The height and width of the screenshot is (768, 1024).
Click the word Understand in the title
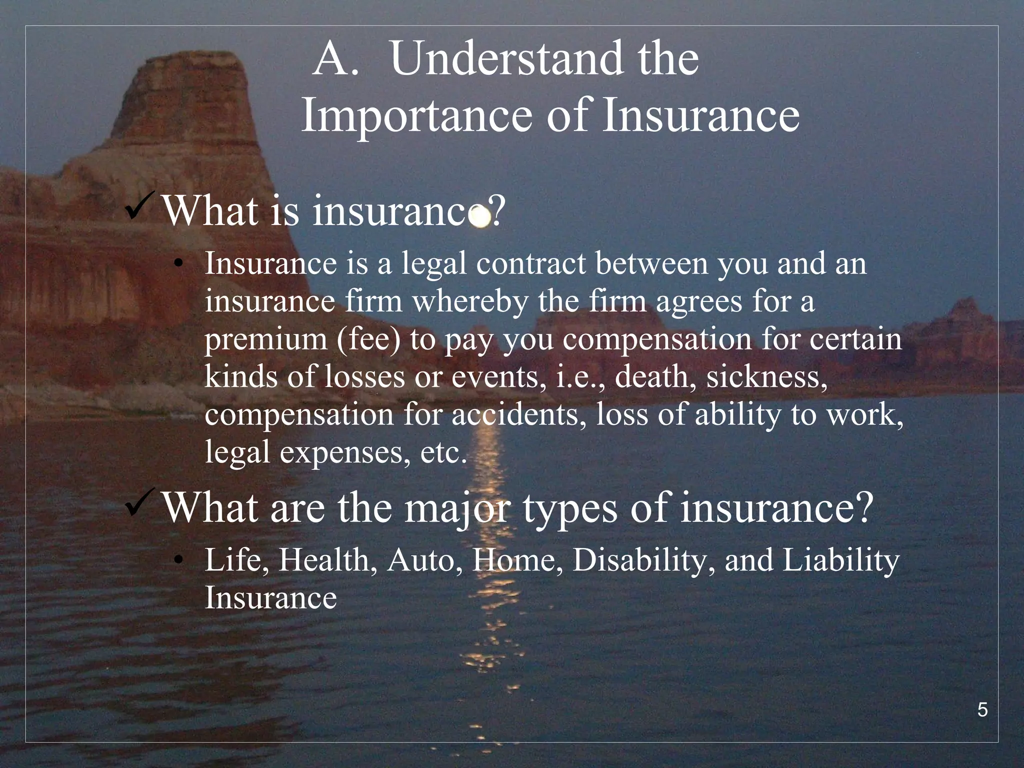point(505,60)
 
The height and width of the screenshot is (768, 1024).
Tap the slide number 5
point(982,710)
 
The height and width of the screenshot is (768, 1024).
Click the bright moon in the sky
point(480,217)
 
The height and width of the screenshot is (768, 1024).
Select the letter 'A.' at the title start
point(336,60)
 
